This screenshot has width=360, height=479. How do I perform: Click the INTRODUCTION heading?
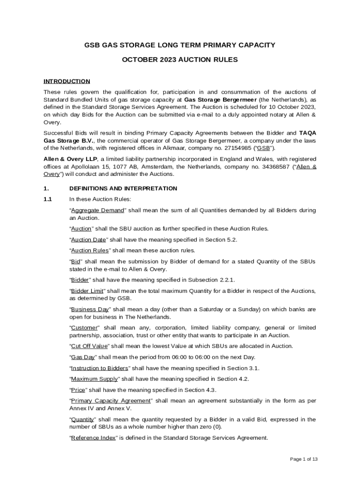tap(67, 81)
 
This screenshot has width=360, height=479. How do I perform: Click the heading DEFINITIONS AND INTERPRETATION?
tap(123, 189)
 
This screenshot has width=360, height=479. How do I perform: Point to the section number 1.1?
tap(48, 199)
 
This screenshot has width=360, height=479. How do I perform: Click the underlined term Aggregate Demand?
tap(97, 210)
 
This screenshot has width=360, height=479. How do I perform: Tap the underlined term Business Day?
tap(90, 309)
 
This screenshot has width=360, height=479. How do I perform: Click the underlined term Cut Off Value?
tap(89, 346)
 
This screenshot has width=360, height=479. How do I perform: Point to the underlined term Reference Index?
tap(94, 438)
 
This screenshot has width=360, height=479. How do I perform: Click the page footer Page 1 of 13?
tap(304, 459)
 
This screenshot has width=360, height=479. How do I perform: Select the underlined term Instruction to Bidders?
tap(99, 368)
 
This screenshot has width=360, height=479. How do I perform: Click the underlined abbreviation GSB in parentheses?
tap(265, 148)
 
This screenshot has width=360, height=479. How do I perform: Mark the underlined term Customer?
tap(84, 327)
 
